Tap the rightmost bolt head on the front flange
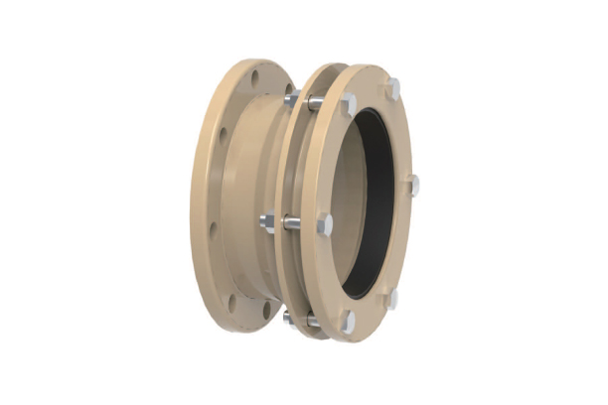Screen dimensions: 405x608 (x=414, y=185)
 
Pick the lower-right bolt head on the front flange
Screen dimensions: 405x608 (x=392, y=297)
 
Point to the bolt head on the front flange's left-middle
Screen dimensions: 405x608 (x=325, y=224)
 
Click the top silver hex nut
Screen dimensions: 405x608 (x=290, y=99)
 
